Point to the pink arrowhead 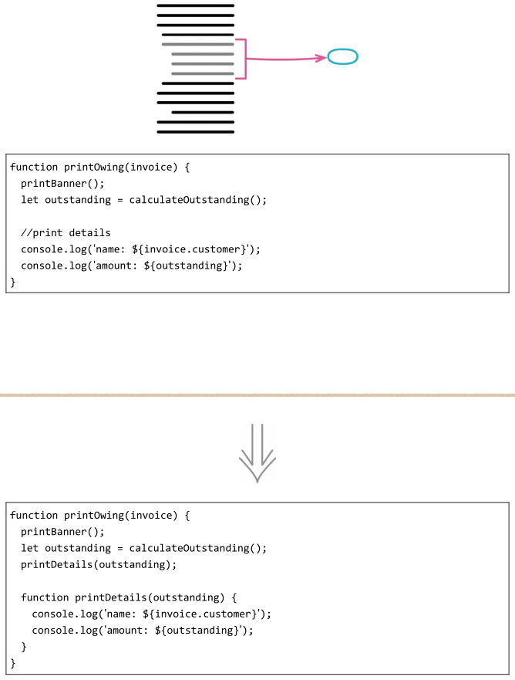click(322, 58)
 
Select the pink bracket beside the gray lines click(246, 59)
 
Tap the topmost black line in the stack click(195, 5)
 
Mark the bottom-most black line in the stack click(195, 132)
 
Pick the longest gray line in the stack click(198, 44)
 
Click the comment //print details click(66, 233)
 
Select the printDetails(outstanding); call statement click(99, 565)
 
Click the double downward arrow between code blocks click(257, 453)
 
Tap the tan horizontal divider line click(257, 395)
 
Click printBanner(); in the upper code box click(62, 184)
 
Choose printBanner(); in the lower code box click(62, 532)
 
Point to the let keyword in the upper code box click(29, 200)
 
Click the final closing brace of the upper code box click(13, 282)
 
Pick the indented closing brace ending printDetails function click(24, 647)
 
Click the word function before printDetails click(45, 597)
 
